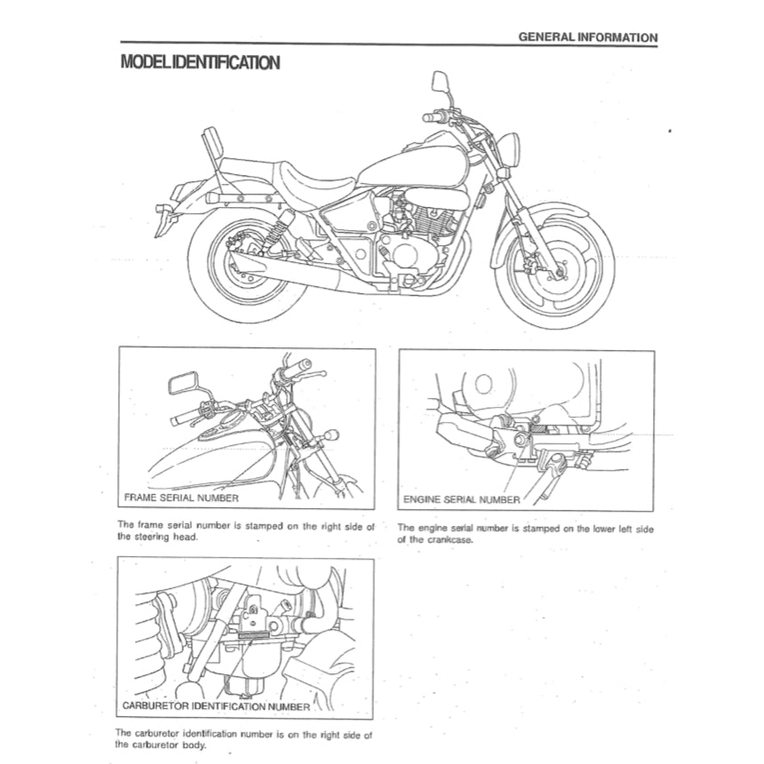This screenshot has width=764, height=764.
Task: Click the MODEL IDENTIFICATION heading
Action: click(200, 63)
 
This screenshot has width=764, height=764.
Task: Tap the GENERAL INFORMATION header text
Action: click(587, 37)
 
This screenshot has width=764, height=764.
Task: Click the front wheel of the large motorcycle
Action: click(553, 267)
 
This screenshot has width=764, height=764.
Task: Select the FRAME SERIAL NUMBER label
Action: click(181, 498)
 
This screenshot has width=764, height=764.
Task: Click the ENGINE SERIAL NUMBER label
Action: click(462, 499)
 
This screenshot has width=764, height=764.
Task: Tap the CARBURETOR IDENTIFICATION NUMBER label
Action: click(216, 707)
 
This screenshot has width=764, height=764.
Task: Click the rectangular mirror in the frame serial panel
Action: click(183, 386)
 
